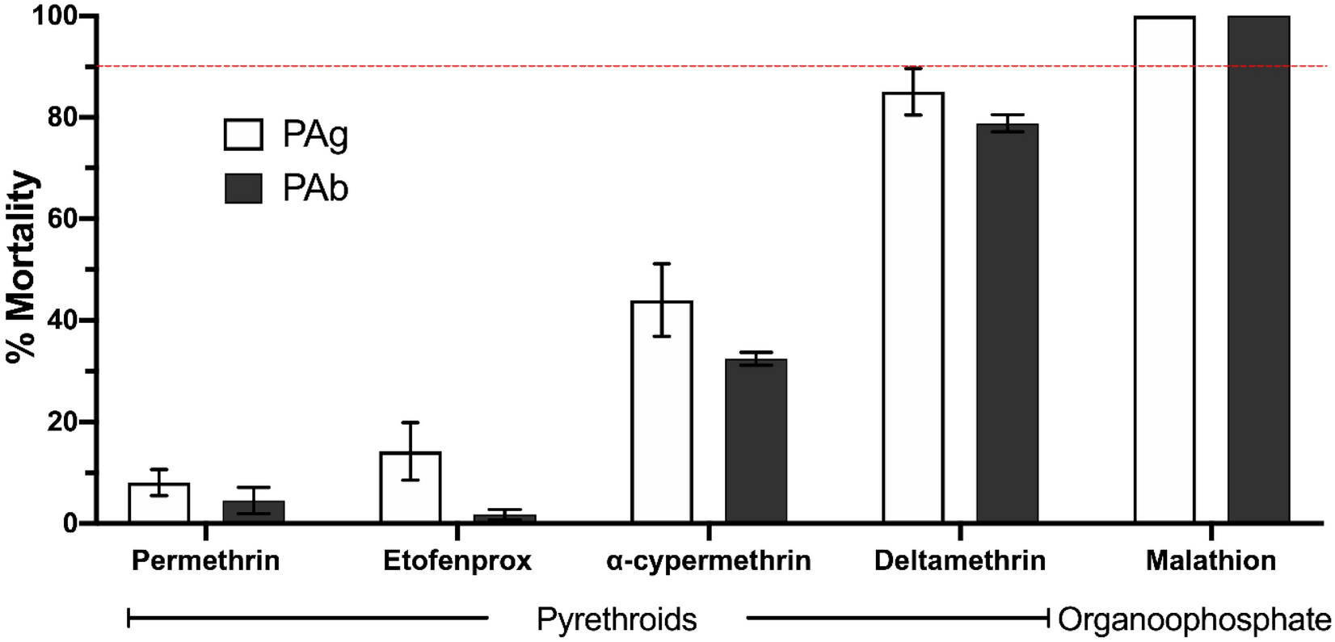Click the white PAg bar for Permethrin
click(158, 504)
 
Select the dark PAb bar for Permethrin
click(253, 513)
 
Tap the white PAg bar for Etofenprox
click(411, 488)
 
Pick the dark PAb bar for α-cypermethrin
click(756, 441)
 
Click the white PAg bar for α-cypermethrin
click(662, 412)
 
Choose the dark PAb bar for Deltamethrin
click(1007, 323)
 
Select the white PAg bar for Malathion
click(1164, 270)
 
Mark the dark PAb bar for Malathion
click(1258, 270)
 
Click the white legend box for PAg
click(243, 135)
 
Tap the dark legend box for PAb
click(243, 188)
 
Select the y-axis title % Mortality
click(22, 268)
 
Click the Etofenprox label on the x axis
click(457, 560)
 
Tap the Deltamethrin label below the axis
click(959, 560)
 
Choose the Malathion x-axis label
click(1211, 560)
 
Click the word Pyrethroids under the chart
click(617, 620)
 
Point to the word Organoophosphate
click(1194, 620)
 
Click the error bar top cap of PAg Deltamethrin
click(913, 68)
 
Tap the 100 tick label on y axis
click(54, 16)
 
